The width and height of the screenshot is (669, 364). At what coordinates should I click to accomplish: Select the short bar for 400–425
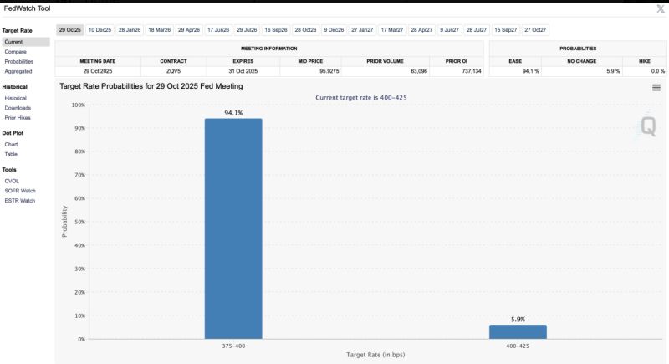pos(518,331)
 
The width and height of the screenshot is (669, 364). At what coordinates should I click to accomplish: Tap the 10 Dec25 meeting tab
pos(100,29)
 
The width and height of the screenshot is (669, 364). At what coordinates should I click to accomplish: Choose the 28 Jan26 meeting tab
pos(130,29)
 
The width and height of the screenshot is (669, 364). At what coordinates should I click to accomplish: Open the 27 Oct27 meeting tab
pos(535,29)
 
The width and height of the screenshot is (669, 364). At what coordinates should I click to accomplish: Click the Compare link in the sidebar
pos(15,51)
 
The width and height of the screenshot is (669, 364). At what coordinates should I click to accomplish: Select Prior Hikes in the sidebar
pos(18,117)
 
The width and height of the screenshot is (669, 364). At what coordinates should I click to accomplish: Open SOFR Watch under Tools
pos(19,190)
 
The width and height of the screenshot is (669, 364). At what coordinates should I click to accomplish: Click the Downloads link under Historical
pos(18,108)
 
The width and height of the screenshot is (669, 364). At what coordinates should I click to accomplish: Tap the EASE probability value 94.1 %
pos(530,71)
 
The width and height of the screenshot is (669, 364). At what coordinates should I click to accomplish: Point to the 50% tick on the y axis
pos(79,222)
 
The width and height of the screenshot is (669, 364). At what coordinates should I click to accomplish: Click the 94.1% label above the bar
pos(233,112)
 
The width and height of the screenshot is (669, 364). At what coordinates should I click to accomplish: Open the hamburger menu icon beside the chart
pos(656,87)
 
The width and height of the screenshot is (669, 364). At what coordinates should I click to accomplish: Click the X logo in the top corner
pos(656,8)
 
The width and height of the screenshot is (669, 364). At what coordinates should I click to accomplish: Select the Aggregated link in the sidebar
pos(18,71)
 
